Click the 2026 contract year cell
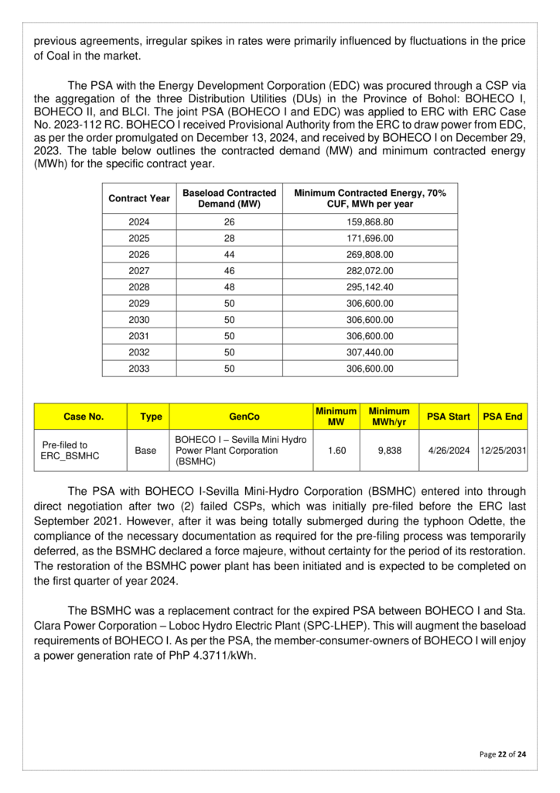138,254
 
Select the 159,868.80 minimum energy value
370,221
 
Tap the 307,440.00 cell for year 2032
370,352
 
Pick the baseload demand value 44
229,254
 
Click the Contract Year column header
138,198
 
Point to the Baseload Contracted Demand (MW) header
229,198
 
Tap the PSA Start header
449,417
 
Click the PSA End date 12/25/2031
503,450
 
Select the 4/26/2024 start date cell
449,450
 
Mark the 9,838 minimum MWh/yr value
389,450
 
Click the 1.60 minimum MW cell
336,450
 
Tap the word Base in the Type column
145,450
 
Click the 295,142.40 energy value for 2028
370,287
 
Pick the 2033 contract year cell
138,369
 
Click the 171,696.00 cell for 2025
370,238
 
